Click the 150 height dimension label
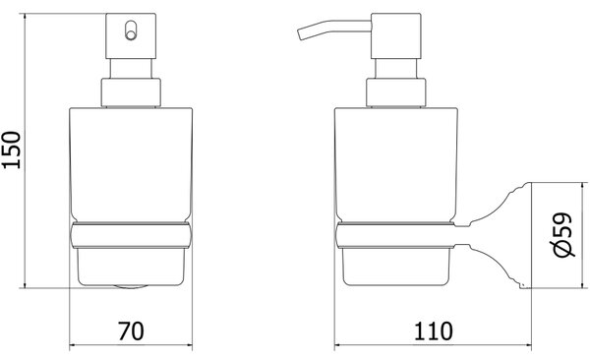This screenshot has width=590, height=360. pyautogui.click(x=11, y=150)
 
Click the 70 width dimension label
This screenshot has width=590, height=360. pyautogui.click(x=131, y=331)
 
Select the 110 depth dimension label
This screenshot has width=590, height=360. pyautogui.click(x=433, y=331)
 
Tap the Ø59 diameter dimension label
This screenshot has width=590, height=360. pyautogui.click(x=562, y=235)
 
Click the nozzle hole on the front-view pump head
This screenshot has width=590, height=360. pyautogui.click(x=130, y=30)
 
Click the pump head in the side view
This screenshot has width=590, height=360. pyautogui.click(x=396, y=36)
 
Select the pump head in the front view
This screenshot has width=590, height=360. pyautogui.click(x=131, y=36)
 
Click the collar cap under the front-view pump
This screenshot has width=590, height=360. pyautogui.click(x=131, y=92)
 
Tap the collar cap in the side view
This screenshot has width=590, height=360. pyautogui.click(x=396, y=92)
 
